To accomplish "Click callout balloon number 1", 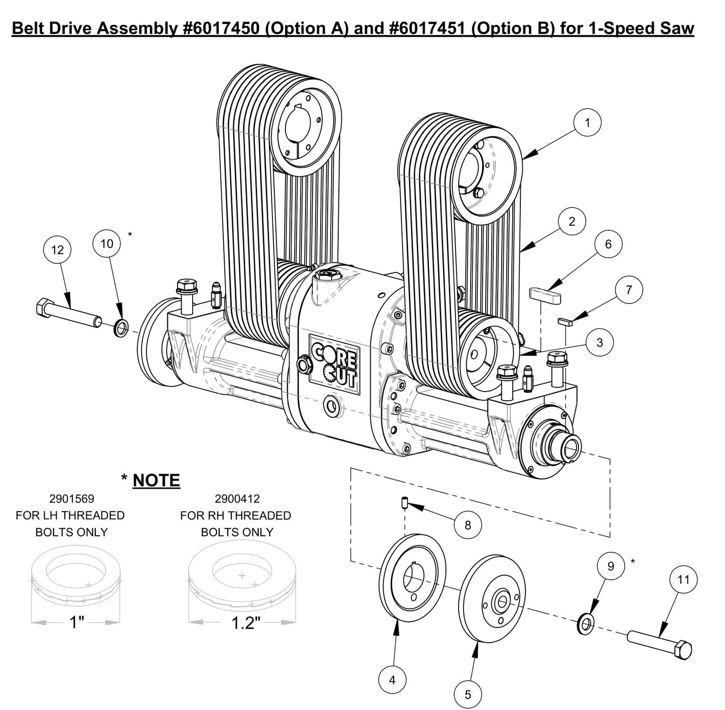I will [x=587, y=122].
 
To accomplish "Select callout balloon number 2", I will [x=572, y=221].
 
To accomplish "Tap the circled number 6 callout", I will [x=608, y=244].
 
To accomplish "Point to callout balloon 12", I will [x=58, y=250].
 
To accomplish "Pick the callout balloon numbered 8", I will [x=468, y=525].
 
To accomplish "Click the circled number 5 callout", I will [x=468, y=694].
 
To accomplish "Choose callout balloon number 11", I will [x=683, y=580].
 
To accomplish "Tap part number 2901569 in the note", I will [x=71, y=499].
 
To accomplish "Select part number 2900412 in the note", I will [x=237, y=499].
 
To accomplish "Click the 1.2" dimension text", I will [x=245, y=623].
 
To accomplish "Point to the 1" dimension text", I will [x=76, y=623].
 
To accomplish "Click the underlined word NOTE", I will [x=156, y=481].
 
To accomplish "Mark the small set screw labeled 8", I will [x=404, y=502].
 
